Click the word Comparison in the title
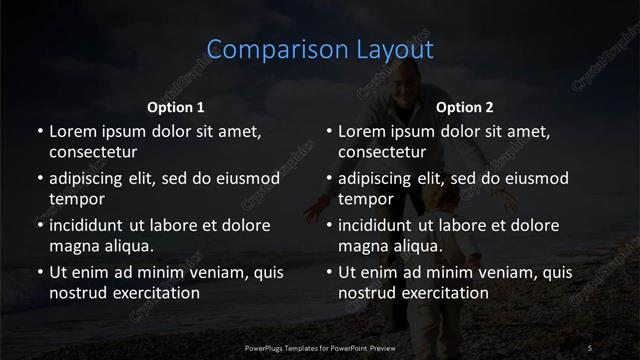[x=265, y=50]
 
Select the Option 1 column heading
[x=176, y=107]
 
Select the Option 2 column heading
[x=465, y=107]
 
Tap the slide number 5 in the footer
[x=590, y=347]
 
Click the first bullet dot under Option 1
[x=40, y=132]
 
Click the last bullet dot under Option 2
[x=330, y=273]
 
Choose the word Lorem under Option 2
[x=362, y=132]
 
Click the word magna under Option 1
[x=73, y=246]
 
